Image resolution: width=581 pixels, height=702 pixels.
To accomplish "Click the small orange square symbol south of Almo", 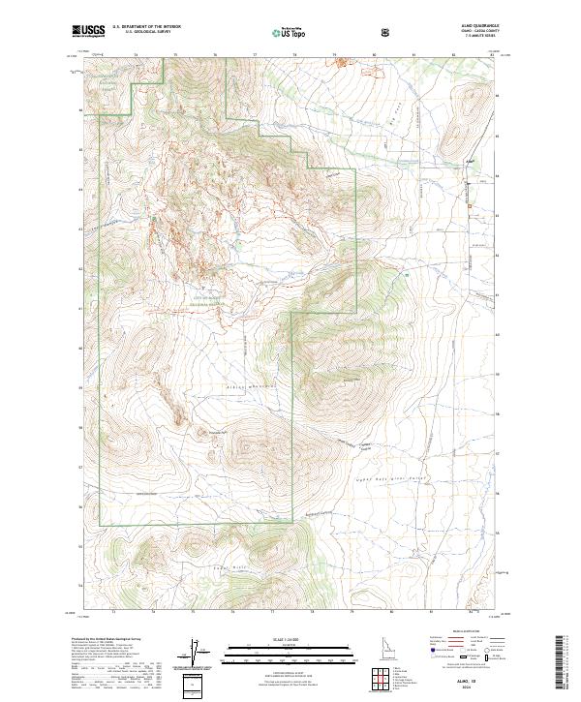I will pyautogui.click(x=470, y=207).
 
